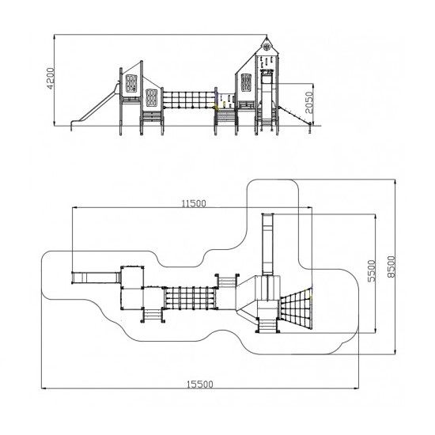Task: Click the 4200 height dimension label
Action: point(51,78)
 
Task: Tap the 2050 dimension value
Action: point(309,102)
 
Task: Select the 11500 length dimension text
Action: point(194,204)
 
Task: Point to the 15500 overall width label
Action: point(200,384)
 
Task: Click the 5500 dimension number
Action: point(372,270)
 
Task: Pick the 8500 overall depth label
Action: point(391,267)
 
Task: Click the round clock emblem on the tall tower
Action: point(267,47)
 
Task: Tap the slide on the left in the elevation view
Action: point(95,107)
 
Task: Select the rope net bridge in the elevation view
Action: point(189,100)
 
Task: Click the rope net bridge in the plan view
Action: point(190,298)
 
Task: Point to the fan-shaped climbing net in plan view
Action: point(296,308)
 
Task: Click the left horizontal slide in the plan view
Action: point(96,278)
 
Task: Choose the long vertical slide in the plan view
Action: point(267,244)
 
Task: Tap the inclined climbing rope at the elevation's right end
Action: point(295,115)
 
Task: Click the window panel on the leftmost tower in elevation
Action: point(131,83)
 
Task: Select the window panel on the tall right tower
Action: point(246,82)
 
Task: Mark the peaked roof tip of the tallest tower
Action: point(267,36)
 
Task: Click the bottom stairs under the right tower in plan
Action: point(267,325)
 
